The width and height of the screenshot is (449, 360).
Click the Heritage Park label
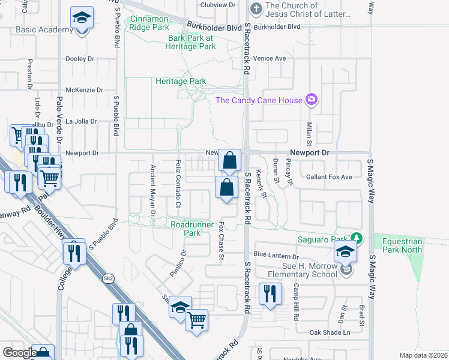181,81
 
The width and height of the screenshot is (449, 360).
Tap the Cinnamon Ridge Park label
148,23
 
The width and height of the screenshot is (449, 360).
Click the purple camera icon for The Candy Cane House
311,100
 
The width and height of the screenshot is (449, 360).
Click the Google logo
20,353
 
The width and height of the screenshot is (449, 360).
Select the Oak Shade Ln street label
329,332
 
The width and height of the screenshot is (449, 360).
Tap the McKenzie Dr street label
80,90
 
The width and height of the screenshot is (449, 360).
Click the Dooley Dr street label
80,59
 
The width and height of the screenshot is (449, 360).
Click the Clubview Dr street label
217,4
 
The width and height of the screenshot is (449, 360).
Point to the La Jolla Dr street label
81,121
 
